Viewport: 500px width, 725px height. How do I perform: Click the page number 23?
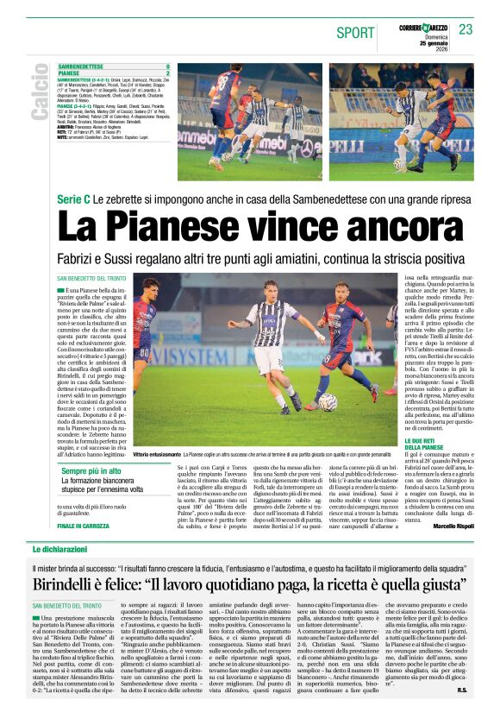[466, 29]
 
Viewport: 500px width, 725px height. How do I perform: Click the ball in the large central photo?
[328, 401]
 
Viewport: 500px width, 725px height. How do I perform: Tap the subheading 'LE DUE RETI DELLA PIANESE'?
[426, 444]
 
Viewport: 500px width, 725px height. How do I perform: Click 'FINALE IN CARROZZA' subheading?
[83, 526]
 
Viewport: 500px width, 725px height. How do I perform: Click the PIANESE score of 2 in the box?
[167, 73]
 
